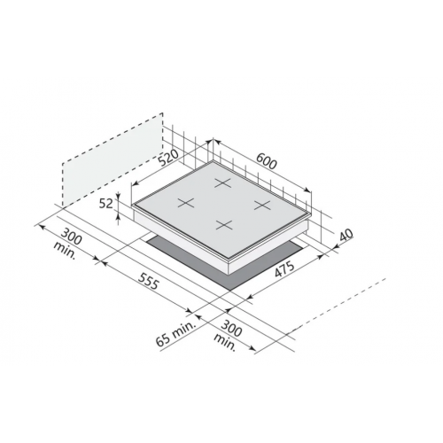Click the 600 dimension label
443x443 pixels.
point(267,160)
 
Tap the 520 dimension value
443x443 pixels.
point(168,158)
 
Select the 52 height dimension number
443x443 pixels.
point(105,204)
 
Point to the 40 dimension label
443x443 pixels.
point(346,236)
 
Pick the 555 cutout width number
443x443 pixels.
point(149,281)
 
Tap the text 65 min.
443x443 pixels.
point(176,333)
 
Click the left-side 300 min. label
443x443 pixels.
point(67,243)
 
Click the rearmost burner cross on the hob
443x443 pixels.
point(222,183)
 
